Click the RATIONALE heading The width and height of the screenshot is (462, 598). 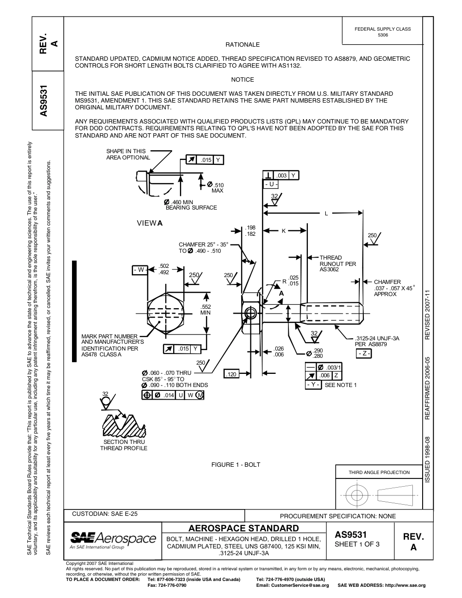coord(242,45)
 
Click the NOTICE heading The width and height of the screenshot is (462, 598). coord(242,80)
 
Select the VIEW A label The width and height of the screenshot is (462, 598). coord(150,223)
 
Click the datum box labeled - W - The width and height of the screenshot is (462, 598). coord(140,269)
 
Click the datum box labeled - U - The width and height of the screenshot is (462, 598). coord(271,185)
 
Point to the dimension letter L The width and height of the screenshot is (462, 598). coord(326,213)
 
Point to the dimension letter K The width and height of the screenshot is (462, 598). coord(284,231)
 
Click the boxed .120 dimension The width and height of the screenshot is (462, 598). coord(231,374)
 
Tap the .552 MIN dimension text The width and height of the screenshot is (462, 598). coord(206,309)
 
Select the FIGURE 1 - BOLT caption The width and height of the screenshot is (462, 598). coord(235,465)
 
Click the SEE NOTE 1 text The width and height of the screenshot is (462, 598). coord(340,385)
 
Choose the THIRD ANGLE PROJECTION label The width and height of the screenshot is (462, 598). coord(379,472)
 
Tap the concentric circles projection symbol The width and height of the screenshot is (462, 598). coord(357,495)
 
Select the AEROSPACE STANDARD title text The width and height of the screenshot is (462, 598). coord(243,528)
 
